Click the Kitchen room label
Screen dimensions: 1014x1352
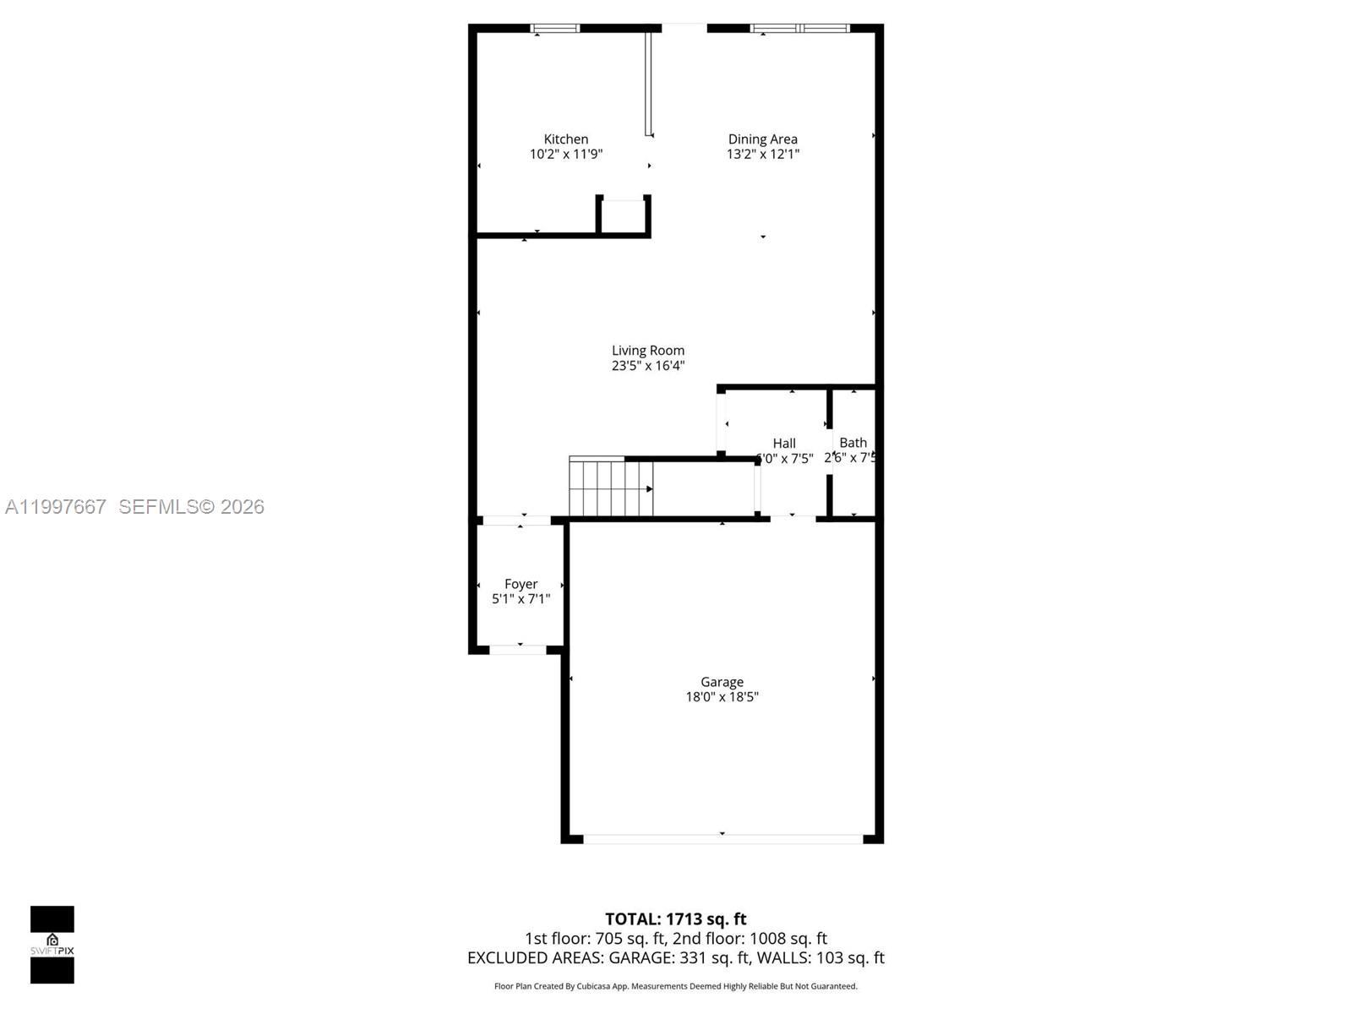(x=565, y=139)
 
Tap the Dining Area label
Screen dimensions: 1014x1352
(x=762, y=139)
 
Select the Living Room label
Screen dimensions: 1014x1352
(x=648, y=351)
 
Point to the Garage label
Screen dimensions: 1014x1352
(x=722, y=682)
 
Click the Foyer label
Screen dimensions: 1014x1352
(x=521, y=584)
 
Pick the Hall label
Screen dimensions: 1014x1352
(x=784, y=444)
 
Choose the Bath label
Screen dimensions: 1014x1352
(x=853, y=443)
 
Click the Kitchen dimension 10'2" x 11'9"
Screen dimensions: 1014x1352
(x=565, y=155)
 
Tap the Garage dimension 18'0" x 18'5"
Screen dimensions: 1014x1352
(x=722, y=697)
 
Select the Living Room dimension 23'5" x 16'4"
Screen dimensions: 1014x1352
(x=648, y=366)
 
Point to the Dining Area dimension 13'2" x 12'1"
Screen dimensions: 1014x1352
(x=762, y=155)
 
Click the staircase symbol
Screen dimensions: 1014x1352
(x=610, y=488)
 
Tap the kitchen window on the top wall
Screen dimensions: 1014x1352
(x=555, y=29)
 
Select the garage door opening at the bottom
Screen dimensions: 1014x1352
(x=722, y=839)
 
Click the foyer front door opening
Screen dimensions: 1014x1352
(x=518, y=650)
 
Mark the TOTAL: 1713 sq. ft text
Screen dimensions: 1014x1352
(x=675, y=919)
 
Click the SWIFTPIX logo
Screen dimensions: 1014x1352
(x=52, y=945)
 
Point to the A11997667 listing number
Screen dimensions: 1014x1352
(x=56, y=506)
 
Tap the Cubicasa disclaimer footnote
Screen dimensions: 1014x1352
(x=675, y=986)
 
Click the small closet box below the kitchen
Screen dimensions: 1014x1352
(x=624, y=216)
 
